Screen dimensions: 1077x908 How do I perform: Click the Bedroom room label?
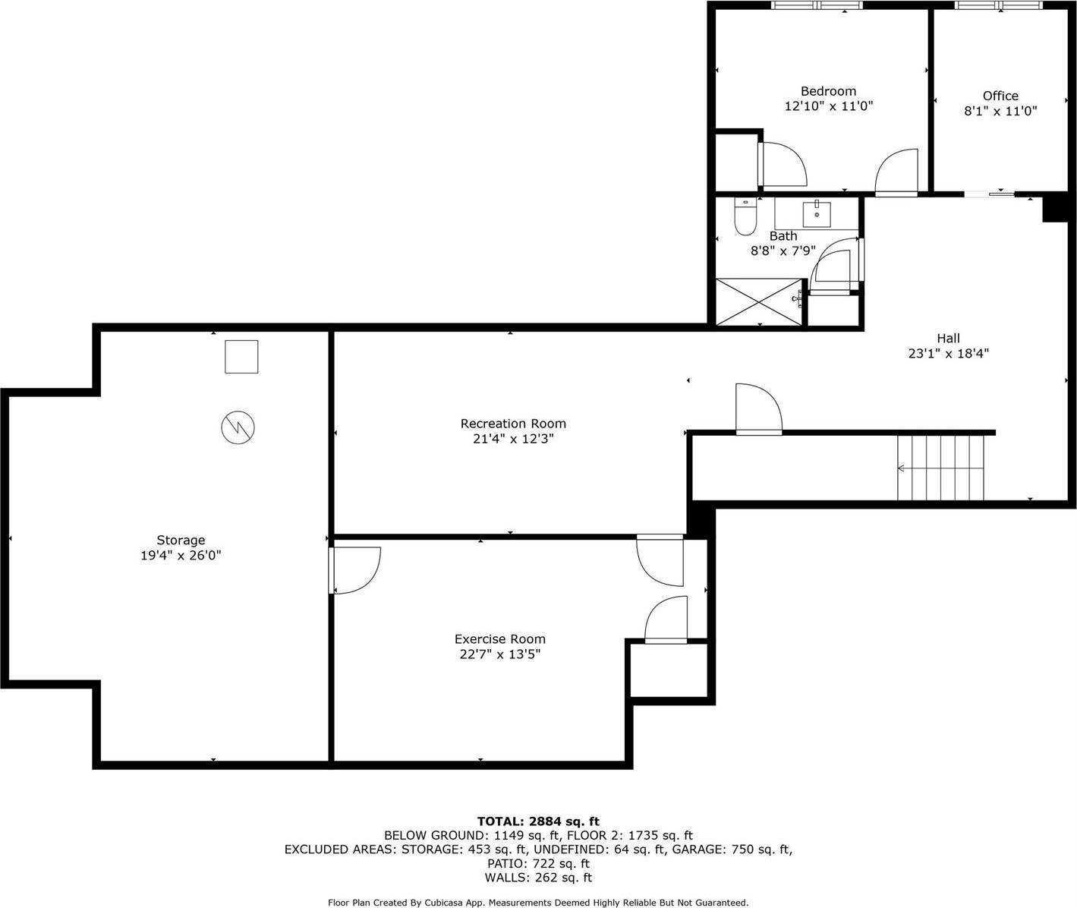tap(828, 91)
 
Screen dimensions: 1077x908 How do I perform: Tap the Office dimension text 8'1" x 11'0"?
tap(1000, 111)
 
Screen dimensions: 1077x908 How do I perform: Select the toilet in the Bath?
tap(745, 216)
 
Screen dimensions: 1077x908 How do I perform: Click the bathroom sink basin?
tap(817, 214)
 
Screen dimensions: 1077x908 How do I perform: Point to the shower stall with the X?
tap(759, 302)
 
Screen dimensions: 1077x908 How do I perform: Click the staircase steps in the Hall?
tap(941, 468)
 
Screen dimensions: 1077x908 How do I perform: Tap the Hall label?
tap(948, 339)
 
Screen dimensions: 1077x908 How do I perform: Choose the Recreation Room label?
tap(513, 424)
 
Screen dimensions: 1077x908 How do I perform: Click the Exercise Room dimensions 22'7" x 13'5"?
tap(500, 654)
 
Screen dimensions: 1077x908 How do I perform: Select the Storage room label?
tap(181, 540)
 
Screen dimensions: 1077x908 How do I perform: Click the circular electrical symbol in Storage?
tap(238, 427)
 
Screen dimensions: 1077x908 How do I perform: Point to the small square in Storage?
tap(241, 357)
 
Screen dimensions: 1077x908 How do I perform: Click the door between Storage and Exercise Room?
tap(355, 570)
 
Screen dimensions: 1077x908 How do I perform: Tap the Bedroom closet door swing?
tap(783, 164)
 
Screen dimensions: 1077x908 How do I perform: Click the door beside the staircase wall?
tap(759, 408)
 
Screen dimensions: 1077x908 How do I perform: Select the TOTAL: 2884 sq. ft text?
tap(538, 821)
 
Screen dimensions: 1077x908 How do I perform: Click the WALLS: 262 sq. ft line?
tap(538, 878)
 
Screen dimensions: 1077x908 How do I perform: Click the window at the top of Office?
tap(999, 5)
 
